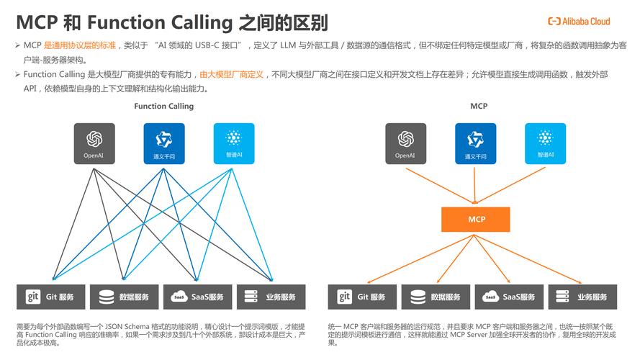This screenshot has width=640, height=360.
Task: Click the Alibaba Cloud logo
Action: pos(579,22)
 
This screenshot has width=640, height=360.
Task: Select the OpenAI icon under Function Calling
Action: pos(94,143)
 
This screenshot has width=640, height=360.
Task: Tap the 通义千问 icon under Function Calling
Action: pos(163,143)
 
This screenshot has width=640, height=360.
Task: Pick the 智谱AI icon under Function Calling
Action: pos(233,143)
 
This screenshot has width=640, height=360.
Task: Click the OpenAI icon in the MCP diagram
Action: pos(406,143)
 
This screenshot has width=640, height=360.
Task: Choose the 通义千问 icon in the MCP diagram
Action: pos(475,143)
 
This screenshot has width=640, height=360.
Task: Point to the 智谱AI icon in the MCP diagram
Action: pos(545,143)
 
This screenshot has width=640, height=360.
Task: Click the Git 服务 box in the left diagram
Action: pos(50,297)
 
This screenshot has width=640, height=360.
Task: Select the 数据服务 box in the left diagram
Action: pos(124,297)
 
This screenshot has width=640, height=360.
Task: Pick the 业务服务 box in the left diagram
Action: pos(271,297)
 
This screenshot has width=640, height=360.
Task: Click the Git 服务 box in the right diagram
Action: pos(362,297)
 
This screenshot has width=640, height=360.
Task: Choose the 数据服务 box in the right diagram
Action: pos(436,297)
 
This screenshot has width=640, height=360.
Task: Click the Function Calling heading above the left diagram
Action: pos(163,106)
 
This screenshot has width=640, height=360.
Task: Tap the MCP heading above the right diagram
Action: pos(479,106)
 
